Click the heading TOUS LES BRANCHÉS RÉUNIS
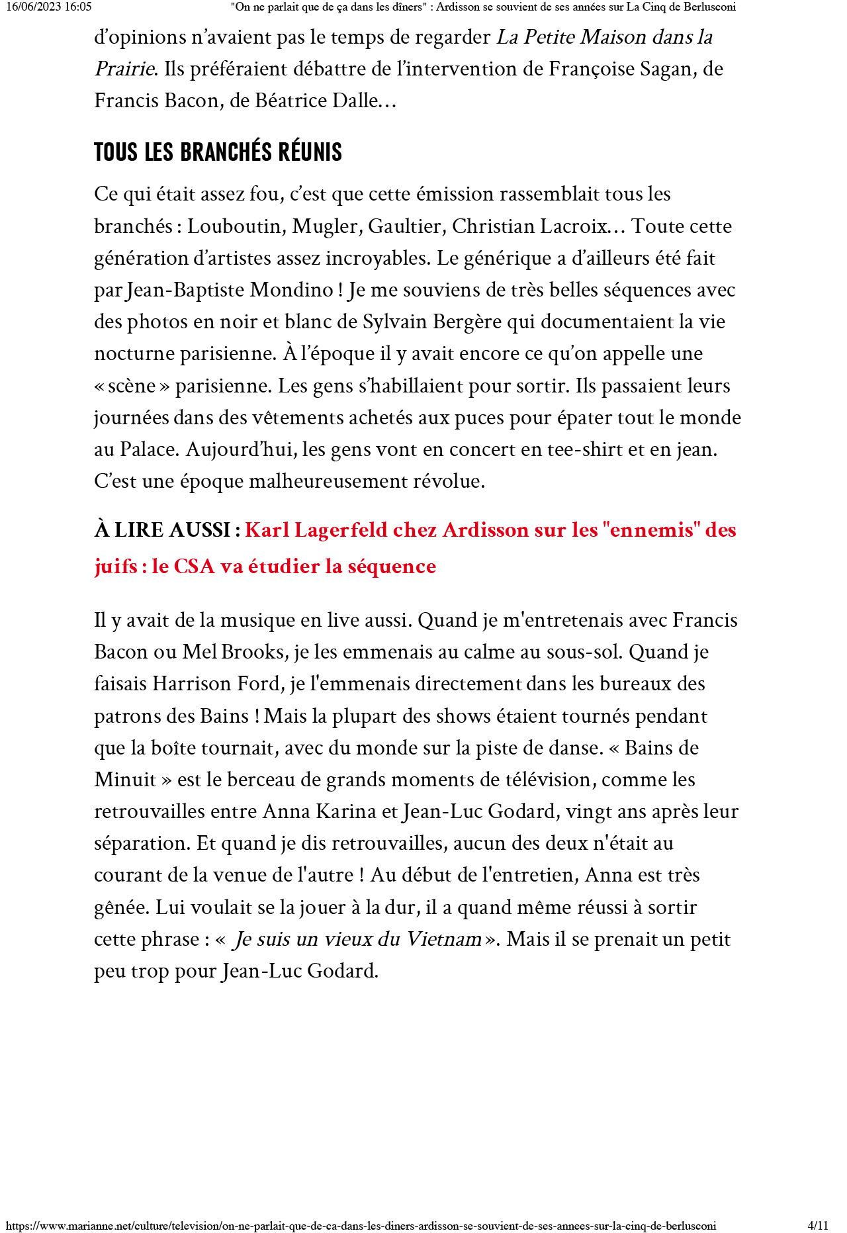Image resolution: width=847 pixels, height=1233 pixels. [x=218, y=152]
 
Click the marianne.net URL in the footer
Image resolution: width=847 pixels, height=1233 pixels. [x=361, y=1225]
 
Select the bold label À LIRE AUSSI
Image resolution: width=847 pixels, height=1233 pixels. [x=167, y=531]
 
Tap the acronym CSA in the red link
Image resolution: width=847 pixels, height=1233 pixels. [x=195, y=567]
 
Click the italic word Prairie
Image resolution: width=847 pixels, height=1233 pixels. [x=124, y=69]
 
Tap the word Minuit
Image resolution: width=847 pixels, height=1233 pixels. [x=125, y=780]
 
